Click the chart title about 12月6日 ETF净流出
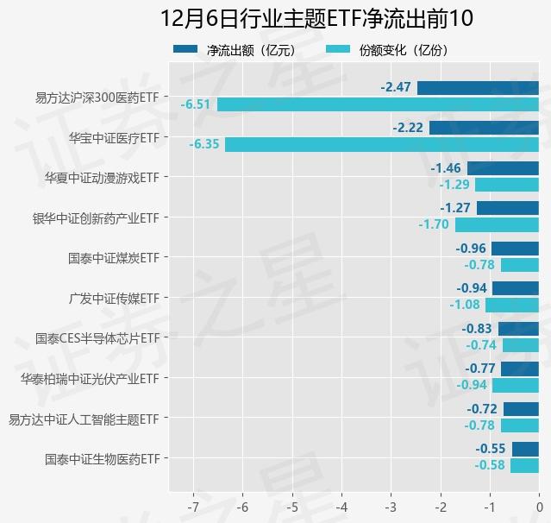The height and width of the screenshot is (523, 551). [x=316, y=19]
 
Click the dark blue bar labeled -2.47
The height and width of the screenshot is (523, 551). [x=478, y=88]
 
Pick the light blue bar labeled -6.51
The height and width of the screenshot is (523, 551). [x=378, y=104]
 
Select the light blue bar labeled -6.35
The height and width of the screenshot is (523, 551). [x=382, y=144]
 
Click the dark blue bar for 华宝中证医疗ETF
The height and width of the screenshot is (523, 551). [x=484, y=128]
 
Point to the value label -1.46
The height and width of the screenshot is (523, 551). [x=446, y=168]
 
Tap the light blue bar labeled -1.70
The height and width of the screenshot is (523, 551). [x=497, y=224]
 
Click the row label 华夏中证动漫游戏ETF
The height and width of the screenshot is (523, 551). [x=102, y=177]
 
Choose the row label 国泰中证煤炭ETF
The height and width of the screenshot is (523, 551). [x=114, y=257]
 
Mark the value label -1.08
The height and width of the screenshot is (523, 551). [x=465, y=305]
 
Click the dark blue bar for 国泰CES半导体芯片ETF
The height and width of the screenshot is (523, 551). [x=518, y=329]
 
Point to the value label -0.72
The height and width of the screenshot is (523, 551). [x=482, y=409]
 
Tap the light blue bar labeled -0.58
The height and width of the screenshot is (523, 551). [x=524, y=465]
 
